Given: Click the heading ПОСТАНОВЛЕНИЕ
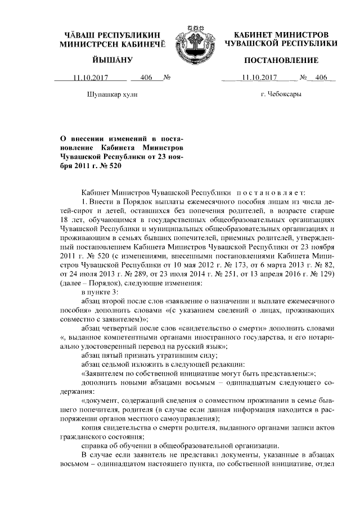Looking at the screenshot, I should pos(281,60).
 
